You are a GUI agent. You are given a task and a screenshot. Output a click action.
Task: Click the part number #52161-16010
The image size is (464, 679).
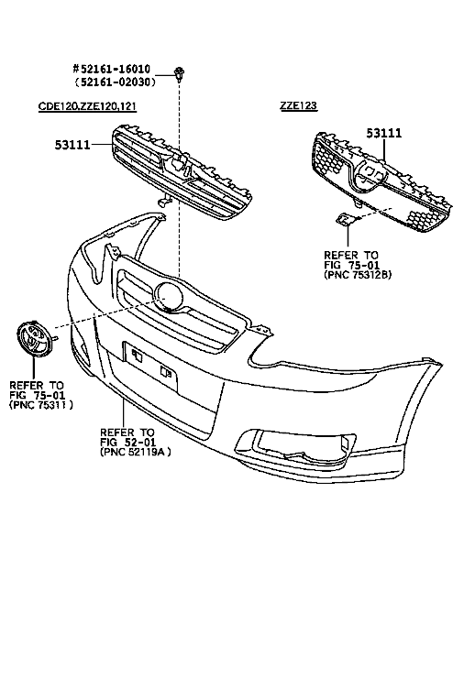tap(111, 70)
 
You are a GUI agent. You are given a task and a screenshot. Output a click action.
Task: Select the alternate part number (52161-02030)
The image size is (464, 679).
tap(115, 82)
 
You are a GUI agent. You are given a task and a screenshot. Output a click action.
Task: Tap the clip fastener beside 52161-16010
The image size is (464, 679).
tap(178, 73)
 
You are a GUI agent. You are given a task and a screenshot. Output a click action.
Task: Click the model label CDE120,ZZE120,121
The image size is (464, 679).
tap(87, 106)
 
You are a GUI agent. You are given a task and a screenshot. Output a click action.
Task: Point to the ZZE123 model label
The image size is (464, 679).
tap(299, 105)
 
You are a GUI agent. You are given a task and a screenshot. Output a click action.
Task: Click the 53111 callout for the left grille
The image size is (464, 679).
tap(72, 145)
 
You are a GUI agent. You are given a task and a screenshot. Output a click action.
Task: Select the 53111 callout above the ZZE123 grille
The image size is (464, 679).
tap(384, 133)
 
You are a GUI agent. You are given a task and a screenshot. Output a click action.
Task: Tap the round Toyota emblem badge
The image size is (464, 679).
tap(34, 339)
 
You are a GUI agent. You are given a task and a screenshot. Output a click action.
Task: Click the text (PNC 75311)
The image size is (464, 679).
tap(40, 405)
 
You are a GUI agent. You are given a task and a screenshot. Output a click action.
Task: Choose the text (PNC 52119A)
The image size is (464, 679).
tap(135, 452)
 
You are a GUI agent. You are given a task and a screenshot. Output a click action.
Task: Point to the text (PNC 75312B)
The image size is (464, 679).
tap(358, 275)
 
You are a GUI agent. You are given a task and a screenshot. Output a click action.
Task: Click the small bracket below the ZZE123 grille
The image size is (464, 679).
tap(347, 220)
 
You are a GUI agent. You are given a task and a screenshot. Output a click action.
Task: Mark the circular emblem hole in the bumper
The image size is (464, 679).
tap(169, 297)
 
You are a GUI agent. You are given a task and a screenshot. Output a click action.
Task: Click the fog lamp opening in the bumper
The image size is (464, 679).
tap(297, 444)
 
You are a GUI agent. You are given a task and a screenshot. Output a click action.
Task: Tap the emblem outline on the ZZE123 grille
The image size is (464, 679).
tap(370, 175)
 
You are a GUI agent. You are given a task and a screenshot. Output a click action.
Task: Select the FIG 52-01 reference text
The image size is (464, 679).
tap(128, 443)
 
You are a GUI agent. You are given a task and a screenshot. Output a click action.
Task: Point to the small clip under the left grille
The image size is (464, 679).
tap(164, 201)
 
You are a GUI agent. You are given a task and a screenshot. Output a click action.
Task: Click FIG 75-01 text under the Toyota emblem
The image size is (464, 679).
tap(38, 395)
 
